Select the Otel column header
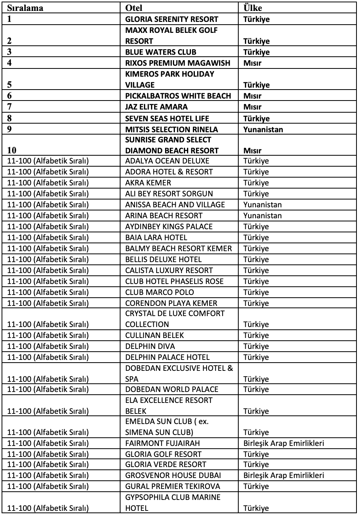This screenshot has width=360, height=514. (133, 8)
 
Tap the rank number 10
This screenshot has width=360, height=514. (12, 151)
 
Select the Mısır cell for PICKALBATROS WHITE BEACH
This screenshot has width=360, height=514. (252, 96)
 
